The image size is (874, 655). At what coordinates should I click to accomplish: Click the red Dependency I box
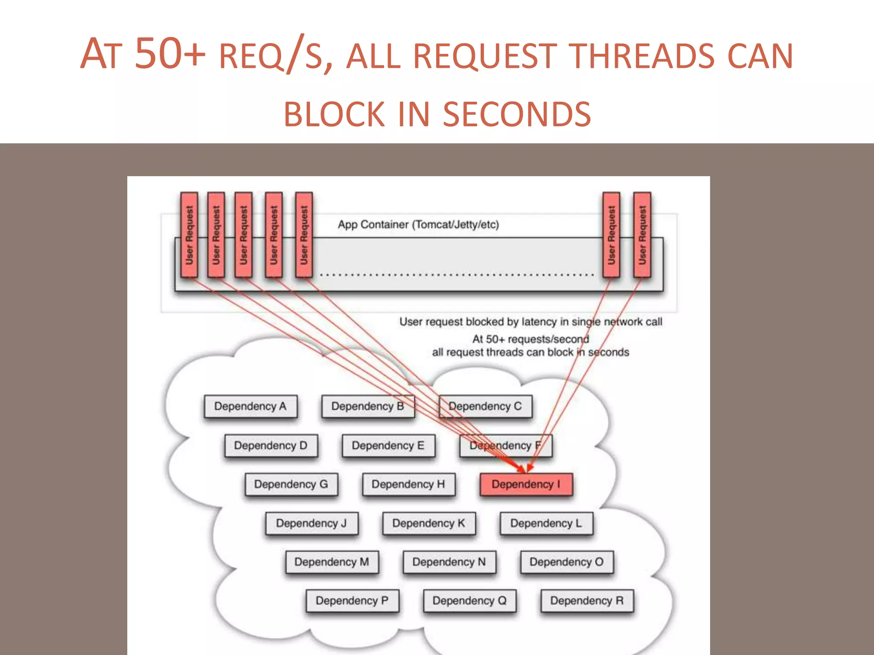pos(526,484)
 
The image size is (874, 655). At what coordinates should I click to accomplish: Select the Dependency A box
pos(251,406)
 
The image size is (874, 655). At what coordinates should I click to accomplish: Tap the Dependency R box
pos(587,601)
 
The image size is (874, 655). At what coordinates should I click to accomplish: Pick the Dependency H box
pos(408,484)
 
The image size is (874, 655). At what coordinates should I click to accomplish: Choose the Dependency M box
pos(332,562)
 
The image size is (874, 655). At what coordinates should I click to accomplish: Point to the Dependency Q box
pos(469,601)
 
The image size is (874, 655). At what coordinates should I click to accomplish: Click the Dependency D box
pos(271,446)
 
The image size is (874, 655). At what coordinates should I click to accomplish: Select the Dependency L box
pos(546,523)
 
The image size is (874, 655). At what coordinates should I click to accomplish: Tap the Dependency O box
pos(567,562)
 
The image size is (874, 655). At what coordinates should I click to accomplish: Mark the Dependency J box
pos(312,523)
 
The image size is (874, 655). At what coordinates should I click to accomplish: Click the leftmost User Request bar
pos(189,235)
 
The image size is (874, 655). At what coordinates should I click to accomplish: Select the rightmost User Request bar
pos(642,235)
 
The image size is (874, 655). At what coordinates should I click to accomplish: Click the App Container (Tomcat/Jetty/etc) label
pos(418,225)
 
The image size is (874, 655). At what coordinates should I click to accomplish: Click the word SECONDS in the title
pos(517,114)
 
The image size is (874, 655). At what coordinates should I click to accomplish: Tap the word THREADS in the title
pos(643,56)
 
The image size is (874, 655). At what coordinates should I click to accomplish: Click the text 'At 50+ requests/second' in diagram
pos(530,339)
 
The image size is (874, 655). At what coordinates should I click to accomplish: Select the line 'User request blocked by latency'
pos(530,322)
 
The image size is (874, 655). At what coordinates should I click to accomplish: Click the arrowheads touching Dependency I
pos(526,468)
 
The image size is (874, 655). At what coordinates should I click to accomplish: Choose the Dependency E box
pos(388,446)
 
